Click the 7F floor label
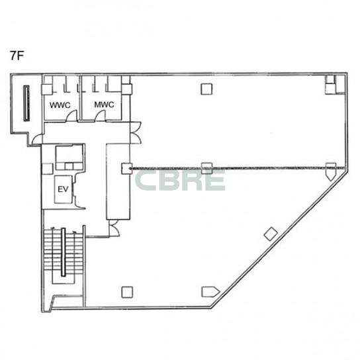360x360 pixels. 17,56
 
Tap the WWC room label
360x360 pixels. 60,105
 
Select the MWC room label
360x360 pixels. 105,105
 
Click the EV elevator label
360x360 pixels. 63,189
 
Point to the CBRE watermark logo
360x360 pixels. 180,180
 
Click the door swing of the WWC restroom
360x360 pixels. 71,114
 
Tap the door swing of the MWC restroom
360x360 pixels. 99,114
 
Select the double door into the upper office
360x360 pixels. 136,133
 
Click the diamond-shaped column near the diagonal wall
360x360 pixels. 271,234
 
